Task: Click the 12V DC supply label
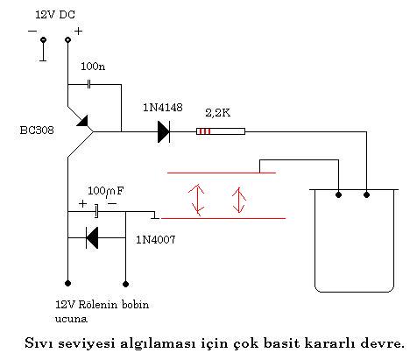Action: (55, 15)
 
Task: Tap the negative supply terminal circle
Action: (43, 39)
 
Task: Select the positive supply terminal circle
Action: (67, 39)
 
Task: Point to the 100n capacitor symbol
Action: (89, 85)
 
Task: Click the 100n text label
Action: (93, 67)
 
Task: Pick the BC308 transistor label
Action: (37, 130)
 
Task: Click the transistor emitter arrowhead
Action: (82, 121)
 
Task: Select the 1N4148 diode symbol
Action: (164, 132)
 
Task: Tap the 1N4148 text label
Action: (163, 108)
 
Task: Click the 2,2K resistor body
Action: (221, 131)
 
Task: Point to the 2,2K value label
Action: (218, 113)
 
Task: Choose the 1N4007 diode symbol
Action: (92, 238)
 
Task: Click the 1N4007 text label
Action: (156, 240)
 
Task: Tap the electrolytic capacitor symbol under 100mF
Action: (96, 211)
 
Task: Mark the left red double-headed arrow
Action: (197, 200)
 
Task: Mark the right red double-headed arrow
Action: (239, 201)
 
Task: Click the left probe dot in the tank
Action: (338, 194)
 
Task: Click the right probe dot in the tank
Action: (366, 194)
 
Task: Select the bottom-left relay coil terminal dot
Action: (67, 283)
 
